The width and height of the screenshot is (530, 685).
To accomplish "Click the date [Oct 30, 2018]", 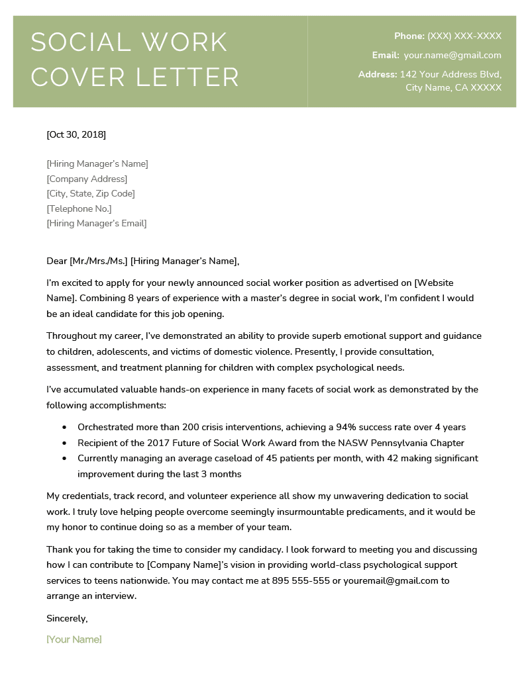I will [76, 135].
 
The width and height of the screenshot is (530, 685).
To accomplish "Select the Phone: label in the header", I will [409, 36].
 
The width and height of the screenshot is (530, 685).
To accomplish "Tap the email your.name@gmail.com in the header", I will [452, 56].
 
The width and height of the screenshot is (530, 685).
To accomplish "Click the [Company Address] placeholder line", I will [87, 179].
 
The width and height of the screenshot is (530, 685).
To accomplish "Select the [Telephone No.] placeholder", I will [79, 208].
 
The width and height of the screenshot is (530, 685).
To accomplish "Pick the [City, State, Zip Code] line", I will [91, 194].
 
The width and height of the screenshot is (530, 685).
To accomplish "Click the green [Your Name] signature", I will [74, 639].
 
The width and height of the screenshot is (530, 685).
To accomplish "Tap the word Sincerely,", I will [67, 618].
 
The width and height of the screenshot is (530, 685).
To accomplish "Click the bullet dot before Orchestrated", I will [64, 428].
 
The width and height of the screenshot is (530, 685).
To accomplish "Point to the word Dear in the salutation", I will [57, 261].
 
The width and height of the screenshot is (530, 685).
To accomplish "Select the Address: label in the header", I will [378, 74].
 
